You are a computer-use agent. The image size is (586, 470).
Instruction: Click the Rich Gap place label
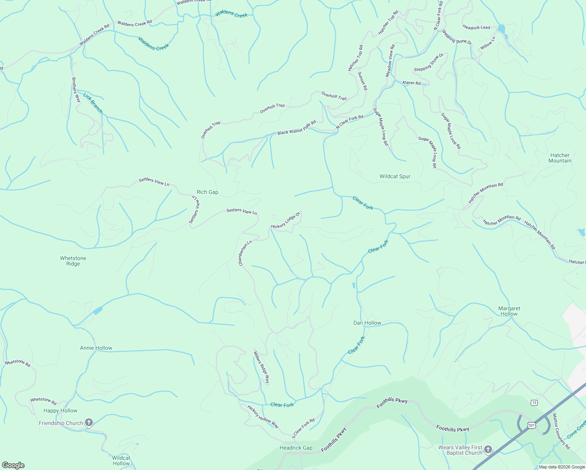coord(207,192)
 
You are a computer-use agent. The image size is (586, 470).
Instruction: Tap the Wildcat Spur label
coord(395,176)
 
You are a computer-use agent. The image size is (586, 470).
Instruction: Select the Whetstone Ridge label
coord(73,261)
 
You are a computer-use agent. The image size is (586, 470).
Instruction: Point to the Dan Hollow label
coord(367,323)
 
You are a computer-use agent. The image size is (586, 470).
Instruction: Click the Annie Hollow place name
coord(96,348)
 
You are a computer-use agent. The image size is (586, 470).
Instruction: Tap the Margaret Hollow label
coord(509,311)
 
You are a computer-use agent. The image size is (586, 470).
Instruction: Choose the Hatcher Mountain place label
coord(560,158)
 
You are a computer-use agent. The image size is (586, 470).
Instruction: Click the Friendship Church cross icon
coord(89,423)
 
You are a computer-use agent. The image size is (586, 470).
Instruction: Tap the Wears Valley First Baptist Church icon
coord(488,449)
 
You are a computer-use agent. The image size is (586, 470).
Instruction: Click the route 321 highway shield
coord(531,425)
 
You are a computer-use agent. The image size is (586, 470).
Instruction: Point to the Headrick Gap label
coord(296,448)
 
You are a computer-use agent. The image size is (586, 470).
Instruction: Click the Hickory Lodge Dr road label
coord(285,221)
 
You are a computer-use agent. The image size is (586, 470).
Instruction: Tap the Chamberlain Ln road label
coord(245,253)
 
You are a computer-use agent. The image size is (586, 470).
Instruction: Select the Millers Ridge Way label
coord(261,367)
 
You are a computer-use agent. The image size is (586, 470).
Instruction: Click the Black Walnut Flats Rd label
coord(297,128)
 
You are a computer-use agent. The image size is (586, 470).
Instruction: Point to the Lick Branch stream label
coord(93,103)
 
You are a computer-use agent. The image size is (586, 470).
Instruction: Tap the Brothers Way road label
coord(76,90)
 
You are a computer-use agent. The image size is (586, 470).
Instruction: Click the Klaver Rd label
coord(411,83)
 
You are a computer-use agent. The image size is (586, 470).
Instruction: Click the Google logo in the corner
coord(13,465)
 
